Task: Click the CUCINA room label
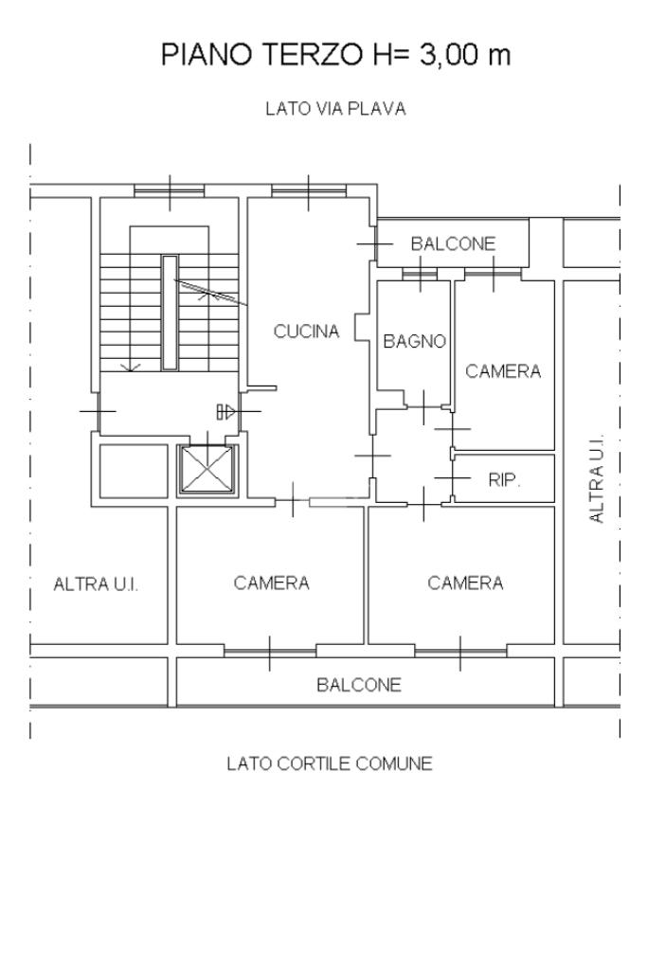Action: pos(307,332)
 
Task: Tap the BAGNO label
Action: pos(414,340)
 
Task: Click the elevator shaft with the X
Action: pos(207,470)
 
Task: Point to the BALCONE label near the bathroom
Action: pos(453,243)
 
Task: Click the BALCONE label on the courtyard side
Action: pos(358,684)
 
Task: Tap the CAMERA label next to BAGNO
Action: pos(503,370)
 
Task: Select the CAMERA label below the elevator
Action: pos(271,583)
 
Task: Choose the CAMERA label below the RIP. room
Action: pos(465,583)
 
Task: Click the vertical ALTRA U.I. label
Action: pos(597,478)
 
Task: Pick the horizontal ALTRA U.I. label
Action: pos(96,584)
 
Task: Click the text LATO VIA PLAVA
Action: pos(335,109)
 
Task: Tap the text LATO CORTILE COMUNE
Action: pos(330,763)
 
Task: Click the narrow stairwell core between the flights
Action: pos(170,313)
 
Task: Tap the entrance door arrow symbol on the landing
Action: pos(226,412)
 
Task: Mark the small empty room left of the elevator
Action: pos(134,470)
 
